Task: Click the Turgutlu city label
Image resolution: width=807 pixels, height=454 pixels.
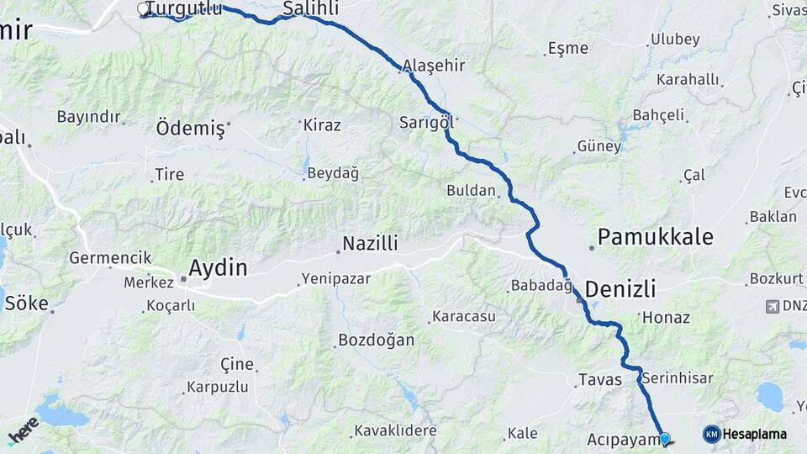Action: pyautogui.click(x=185, y=9)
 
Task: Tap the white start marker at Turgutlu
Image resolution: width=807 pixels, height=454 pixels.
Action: pyautogui.click(x=143, y=9)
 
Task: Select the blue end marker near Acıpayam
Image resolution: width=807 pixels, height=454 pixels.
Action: pyautogui.click(x=665, y=438)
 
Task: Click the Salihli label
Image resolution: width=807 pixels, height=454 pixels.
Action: pyautogui.click(x=311, y=8)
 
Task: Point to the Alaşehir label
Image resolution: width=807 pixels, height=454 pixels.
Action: pyautogui.click(x=434, y=66)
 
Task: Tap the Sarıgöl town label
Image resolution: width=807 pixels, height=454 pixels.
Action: pyautogui.click(x=426, y=122)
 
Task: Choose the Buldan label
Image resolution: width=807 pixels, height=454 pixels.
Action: pyautogui.click(x=471, y=190)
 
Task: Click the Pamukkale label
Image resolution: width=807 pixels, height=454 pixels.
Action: pyautogui.click(x=656, y=236)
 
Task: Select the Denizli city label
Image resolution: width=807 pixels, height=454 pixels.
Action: pyautogui.click(x=620, y=289)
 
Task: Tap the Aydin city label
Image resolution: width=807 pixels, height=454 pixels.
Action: pyautogui.click(x=218, y=268)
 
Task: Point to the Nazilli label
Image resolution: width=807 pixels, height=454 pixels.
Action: pyautogui.click(x=369, y=245)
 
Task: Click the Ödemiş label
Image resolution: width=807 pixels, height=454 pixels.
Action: pyautogui.click(x=191, y=129)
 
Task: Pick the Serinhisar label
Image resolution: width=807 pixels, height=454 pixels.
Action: pyautogui.click(x=677, y=377)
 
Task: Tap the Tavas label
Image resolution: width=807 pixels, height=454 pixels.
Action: pyautogui.click(x=600, y=380)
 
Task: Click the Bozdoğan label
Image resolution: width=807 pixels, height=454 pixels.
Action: pyautogui.click(x=376, y=340)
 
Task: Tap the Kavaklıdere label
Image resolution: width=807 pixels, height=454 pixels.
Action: pyautogui.click(x=395, y=430)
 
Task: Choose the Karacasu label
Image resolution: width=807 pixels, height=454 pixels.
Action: pyautogui.click(x=463, y=317)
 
